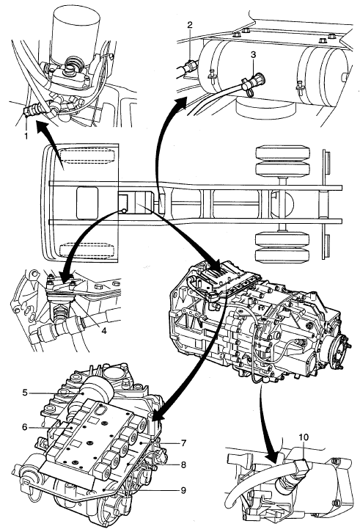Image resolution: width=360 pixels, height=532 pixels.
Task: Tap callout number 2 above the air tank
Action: point(190,24)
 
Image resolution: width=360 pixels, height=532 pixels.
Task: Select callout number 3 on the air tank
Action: point(253,54)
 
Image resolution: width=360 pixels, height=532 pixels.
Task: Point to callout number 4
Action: point(104,330)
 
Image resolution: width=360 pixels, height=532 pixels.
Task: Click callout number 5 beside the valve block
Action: point(25,393)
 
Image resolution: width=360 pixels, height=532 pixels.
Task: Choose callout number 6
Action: point(24,427)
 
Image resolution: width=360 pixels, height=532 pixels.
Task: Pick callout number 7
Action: point(183,443)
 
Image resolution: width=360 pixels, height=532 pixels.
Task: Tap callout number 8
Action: point(183,464)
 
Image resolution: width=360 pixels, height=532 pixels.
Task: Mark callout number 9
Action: point(183,490)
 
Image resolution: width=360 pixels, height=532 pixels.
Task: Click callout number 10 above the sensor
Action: point(304,437)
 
